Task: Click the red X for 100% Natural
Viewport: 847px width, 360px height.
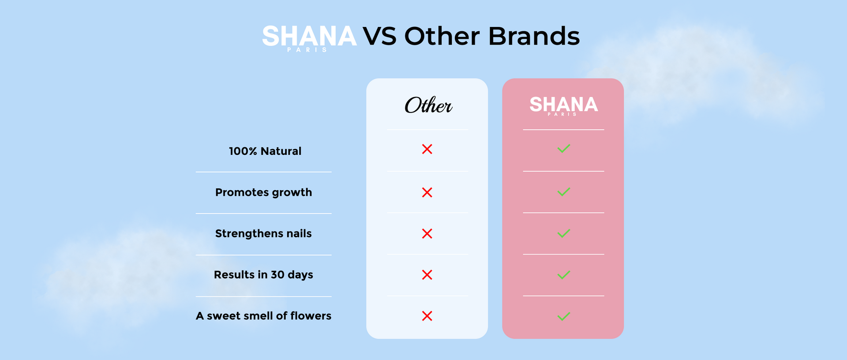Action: pos(427,149)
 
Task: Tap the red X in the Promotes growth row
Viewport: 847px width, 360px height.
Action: pos(427,192)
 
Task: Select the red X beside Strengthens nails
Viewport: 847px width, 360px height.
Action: pos(427,233)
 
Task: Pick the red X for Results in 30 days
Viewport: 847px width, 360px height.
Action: pos(427,275)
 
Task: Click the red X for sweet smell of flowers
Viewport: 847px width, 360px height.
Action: pos(427,316)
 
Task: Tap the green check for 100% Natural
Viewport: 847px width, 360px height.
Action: pos(564,149)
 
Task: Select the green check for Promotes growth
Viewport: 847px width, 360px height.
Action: pos(564,192)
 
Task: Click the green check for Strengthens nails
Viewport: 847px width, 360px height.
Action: pos(564,233)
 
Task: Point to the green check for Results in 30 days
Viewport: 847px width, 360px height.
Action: pos(564,275)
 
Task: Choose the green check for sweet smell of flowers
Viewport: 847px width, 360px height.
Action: pos(564,316)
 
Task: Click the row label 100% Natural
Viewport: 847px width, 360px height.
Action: pos(265,151)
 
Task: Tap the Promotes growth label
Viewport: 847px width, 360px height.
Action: pos(263,193)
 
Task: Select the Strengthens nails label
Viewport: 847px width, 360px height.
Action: pos(263,234)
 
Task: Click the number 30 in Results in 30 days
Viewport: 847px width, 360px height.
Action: pos(277,275)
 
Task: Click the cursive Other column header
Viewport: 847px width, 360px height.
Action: pos(428,105)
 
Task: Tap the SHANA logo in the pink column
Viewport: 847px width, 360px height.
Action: pos(563,106)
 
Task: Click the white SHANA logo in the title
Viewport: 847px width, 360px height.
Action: pos(309,37)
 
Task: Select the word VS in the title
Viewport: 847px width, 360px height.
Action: pos(379,36)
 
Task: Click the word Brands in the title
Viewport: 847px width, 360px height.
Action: pos(534,36)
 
